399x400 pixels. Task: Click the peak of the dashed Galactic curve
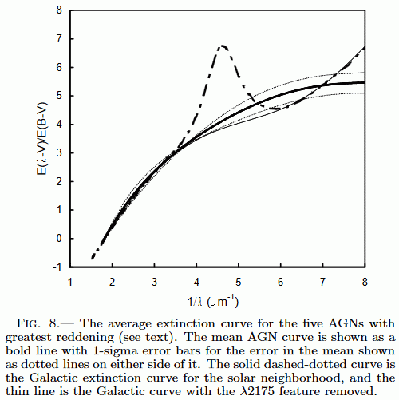[x=223, y=46]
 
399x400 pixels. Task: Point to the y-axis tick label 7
[x=59, y=39]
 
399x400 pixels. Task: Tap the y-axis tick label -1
[x=57, y=267]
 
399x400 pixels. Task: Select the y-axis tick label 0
[x=59, y=239]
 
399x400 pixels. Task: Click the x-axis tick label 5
[x=239, y=282]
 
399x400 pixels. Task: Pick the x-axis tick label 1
[x=70, y=282]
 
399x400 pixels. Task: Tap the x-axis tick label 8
[x=365, y=282]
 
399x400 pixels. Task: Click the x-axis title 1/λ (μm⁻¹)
[x=213, y=302]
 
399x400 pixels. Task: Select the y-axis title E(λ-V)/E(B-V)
[x=41, y=138]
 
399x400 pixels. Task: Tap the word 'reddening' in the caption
[x=85, y=338]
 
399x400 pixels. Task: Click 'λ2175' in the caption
[x=255, y=391]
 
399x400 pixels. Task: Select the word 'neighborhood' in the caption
[x=300, y=378]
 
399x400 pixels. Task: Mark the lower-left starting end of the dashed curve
[x=92, y=258]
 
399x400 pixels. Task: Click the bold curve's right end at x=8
[x=364, y=83]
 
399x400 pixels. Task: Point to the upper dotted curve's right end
[x=364, y=72]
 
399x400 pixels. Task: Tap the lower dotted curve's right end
[x=364, y=93]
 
